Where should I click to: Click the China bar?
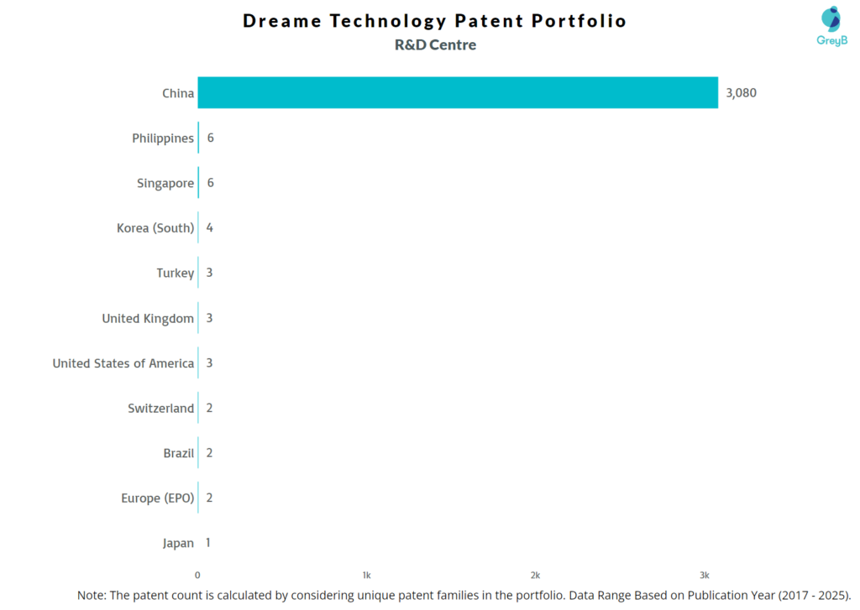point(458,93)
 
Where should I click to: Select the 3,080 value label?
point(741,93)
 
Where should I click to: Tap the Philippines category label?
point(163,138)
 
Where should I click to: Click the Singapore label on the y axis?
point(165,183)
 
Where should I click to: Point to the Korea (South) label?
point(155,228)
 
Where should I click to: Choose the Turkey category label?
point(175,274)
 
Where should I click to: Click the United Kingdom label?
point(148,318)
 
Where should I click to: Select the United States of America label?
point(123,363)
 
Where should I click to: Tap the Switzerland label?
point(160,409)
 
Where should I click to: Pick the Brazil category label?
point(178,453)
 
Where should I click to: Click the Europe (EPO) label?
point(157,498)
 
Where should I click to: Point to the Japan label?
point(178,543)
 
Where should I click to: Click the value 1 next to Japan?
point(208,543)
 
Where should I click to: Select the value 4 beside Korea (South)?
point(209,228)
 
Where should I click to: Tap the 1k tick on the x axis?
point(366,576)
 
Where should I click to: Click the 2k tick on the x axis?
point(535,576)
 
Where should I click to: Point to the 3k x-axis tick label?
point(705,576)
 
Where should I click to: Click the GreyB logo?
point(831,26)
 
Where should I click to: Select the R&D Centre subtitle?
point(435,45)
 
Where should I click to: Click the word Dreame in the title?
point(282,21)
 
